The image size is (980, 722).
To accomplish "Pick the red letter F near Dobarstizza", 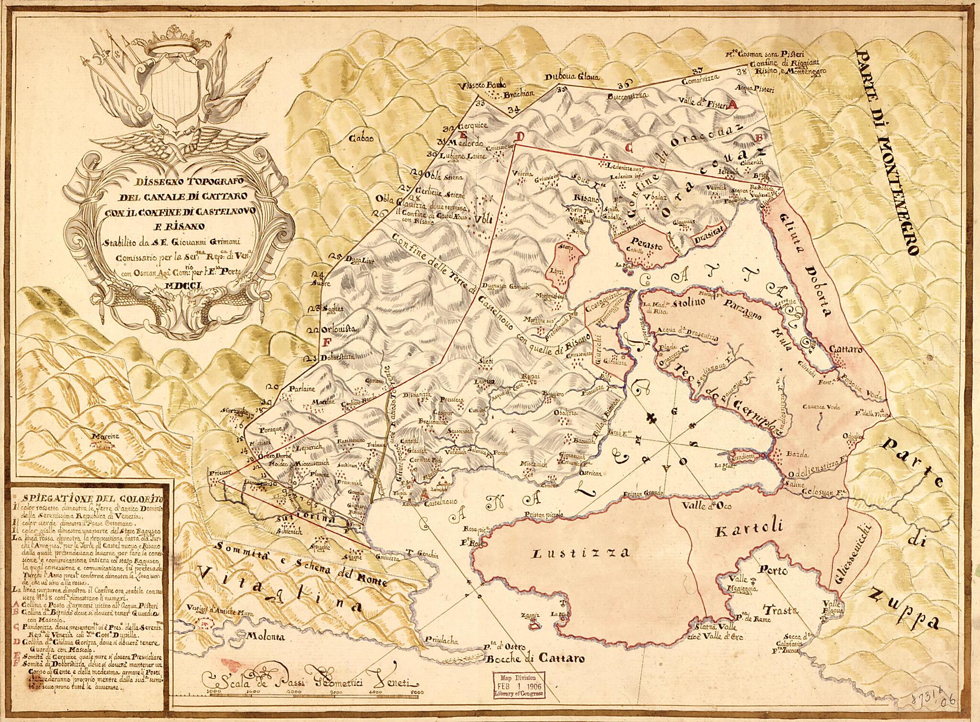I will click(328, 342).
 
